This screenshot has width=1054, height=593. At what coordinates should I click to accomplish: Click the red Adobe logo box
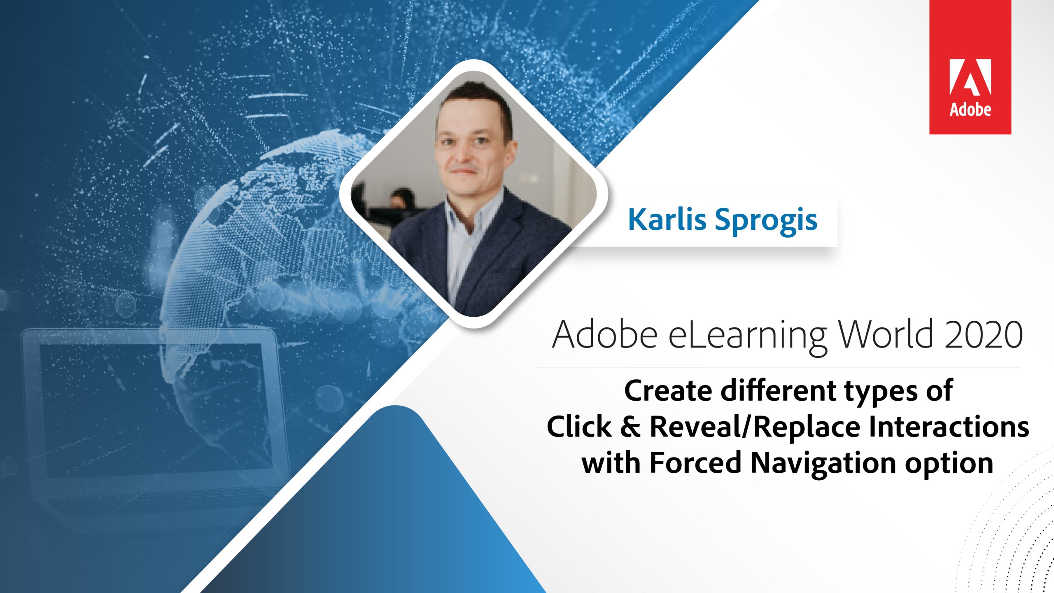click(970, 67)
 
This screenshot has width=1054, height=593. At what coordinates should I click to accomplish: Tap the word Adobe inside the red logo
click(970, 110)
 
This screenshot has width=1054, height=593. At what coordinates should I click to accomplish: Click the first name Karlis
click(667, 219)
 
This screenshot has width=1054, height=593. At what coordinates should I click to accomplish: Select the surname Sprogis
click(766, 222)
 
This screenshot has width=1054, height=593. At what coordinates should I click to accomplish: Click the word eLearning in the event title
click(747, 335)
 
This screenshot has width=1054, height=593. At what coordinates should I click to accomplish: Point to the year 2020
click(984, 334)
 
